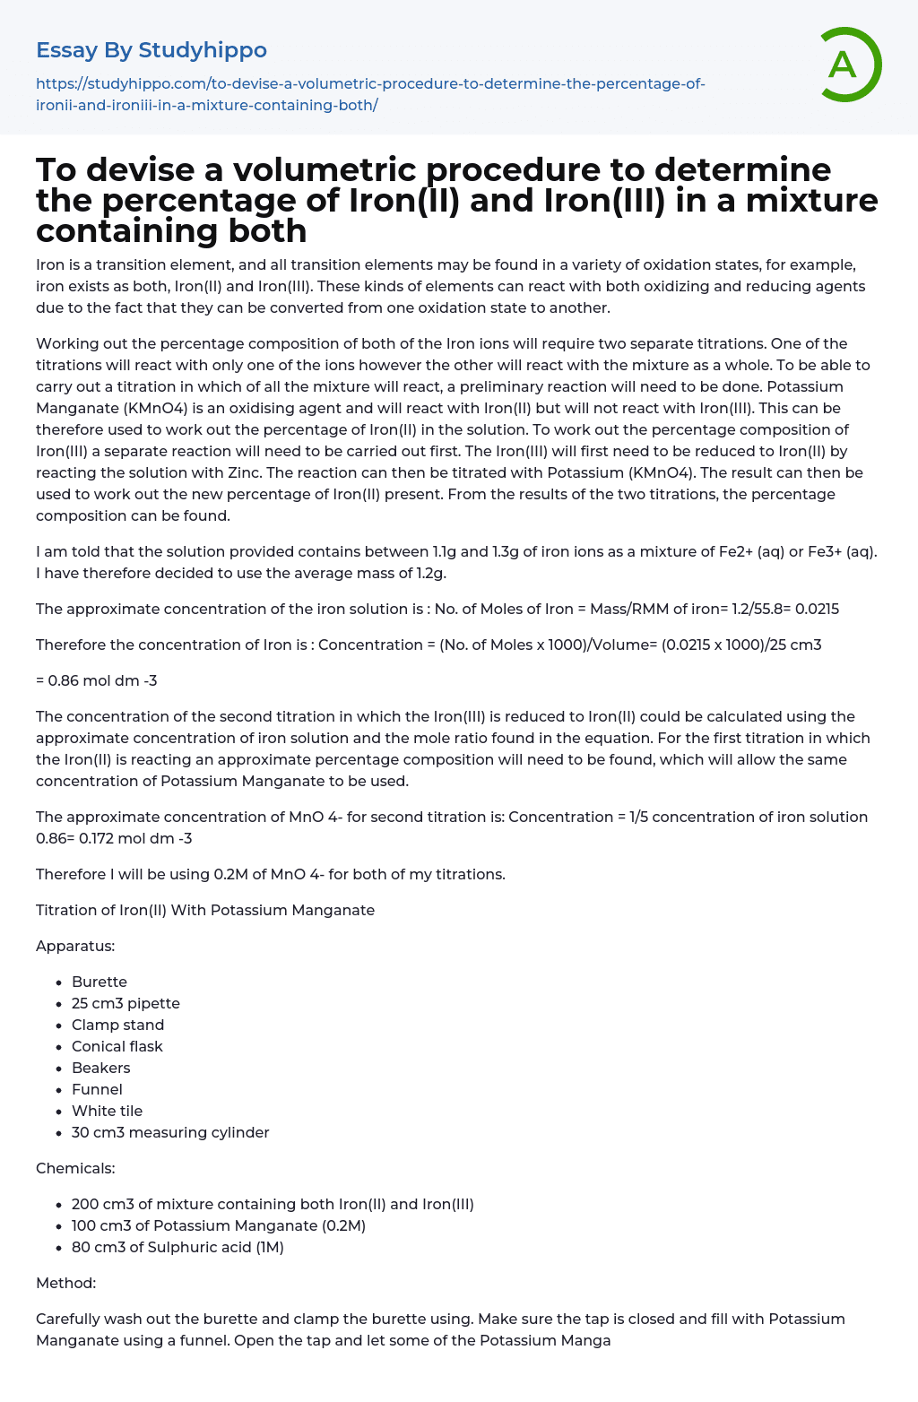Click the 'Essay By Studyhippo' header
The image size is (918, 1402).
tap(152, 50)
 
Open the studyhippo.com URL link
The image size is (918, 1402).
tap(370, 94)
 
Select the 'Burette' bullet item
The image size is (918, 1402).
tap(100, 982)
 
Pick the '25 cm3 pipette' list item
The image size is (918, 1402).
tap(126, 1003)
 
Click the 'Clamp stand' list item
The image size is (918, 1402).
tap(117, 1025)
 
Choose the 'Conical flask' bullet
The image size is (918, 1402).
tap(117, 1046)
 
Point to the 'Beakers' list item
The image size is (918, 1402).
tap(101, 1068)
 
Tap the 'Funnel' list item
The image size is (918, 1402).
tap(97, 1089)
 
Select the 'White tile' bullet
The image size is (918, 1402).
tap(107, 1111)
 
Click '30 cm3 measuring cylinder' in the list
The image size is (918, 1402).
tap(170, 1132)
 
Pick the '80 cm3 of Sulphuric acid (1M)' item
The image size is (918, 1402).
tap(178, 1247)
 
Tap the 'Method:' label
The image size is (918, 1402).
tap(65, 1283)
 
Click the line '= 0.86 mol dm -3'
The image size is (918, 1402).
tap(97, 680)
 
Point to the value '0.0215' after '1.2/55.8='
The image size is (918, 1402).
tap(816, 609)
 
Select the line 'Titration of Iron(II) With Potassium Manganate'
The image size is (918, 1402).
tap(205, 910)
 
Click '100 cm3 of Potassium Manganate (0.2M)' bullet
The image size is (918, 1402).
tap(219, 1225)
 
